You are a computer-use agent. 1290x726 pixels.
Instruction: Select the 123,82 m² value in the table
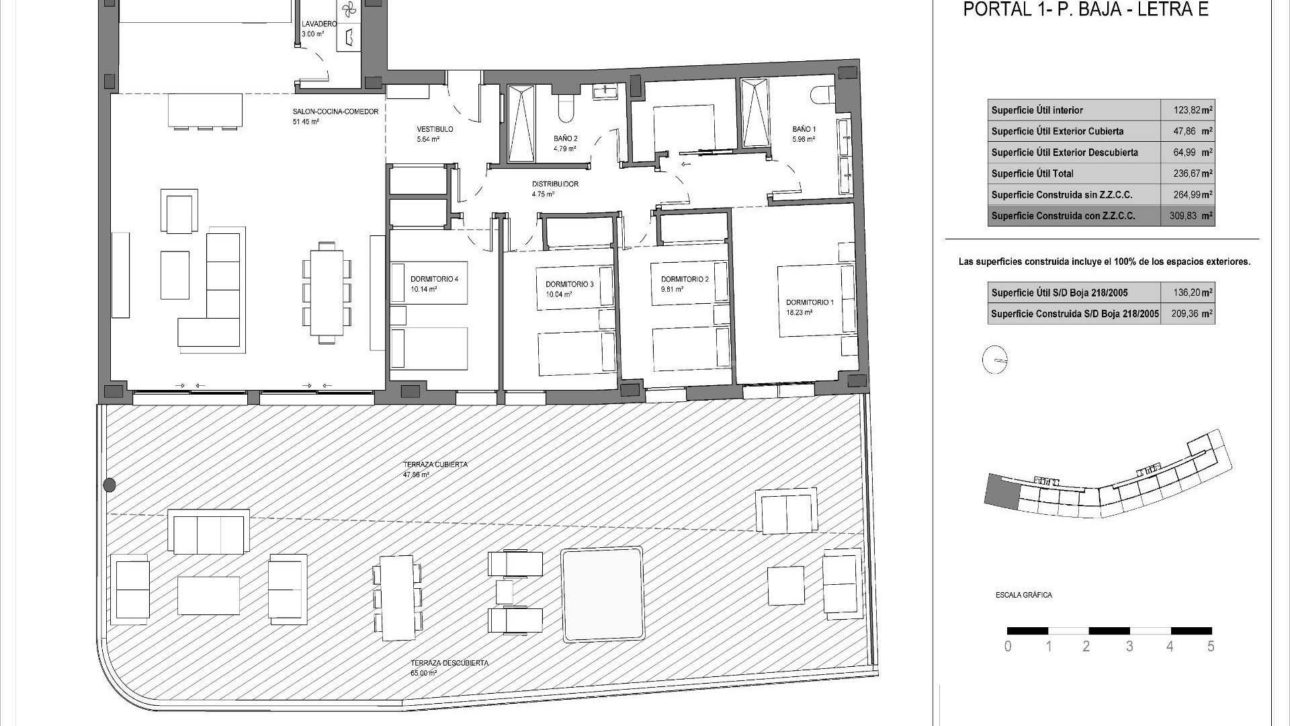[1187, 110]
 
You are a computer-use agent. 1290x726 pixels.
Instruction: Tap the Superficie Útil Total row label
[1032, 173]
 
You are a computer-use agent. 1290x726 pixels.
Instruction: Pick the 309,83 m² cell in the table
[1187, 216]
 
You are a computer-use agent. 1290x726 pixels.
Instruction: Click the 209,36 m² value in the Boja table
[1187, 313]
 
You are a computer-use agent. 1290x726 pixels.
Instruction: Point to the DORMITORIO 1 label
[810, 302]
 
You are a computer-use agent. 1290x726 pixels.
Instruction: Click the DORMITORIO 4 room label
[434, 279]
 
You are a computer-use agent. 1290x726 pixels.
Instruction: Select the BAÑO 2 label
[566, 138]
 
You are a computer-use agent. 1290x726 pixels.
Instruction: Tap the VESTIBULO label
[435, 129]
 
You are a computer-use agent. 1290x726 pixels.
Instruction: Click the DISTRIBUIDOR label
[555, 184]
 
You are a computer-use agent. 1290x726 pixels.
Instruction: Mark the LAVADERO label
[319, 24]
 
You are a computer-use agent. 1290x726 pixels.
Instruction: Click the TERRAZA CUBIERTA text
[435, 465]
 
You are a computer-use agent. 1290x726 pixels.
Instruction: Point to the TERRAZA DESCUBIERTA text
[449, 663]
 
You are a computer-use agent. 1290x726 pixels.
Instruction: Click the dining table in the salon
[327, 292]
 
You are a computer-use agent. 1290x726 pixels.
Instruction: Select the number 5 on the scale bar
[1211, 647]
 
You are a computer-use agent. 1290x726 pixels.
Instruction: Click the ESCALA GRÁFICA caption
[1023, 595]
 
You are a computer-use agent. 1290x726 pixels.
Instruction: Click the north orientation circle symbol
[995, 360]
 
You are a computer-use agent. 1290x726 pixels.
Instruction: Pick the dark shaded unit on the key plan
[1001, 491]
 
